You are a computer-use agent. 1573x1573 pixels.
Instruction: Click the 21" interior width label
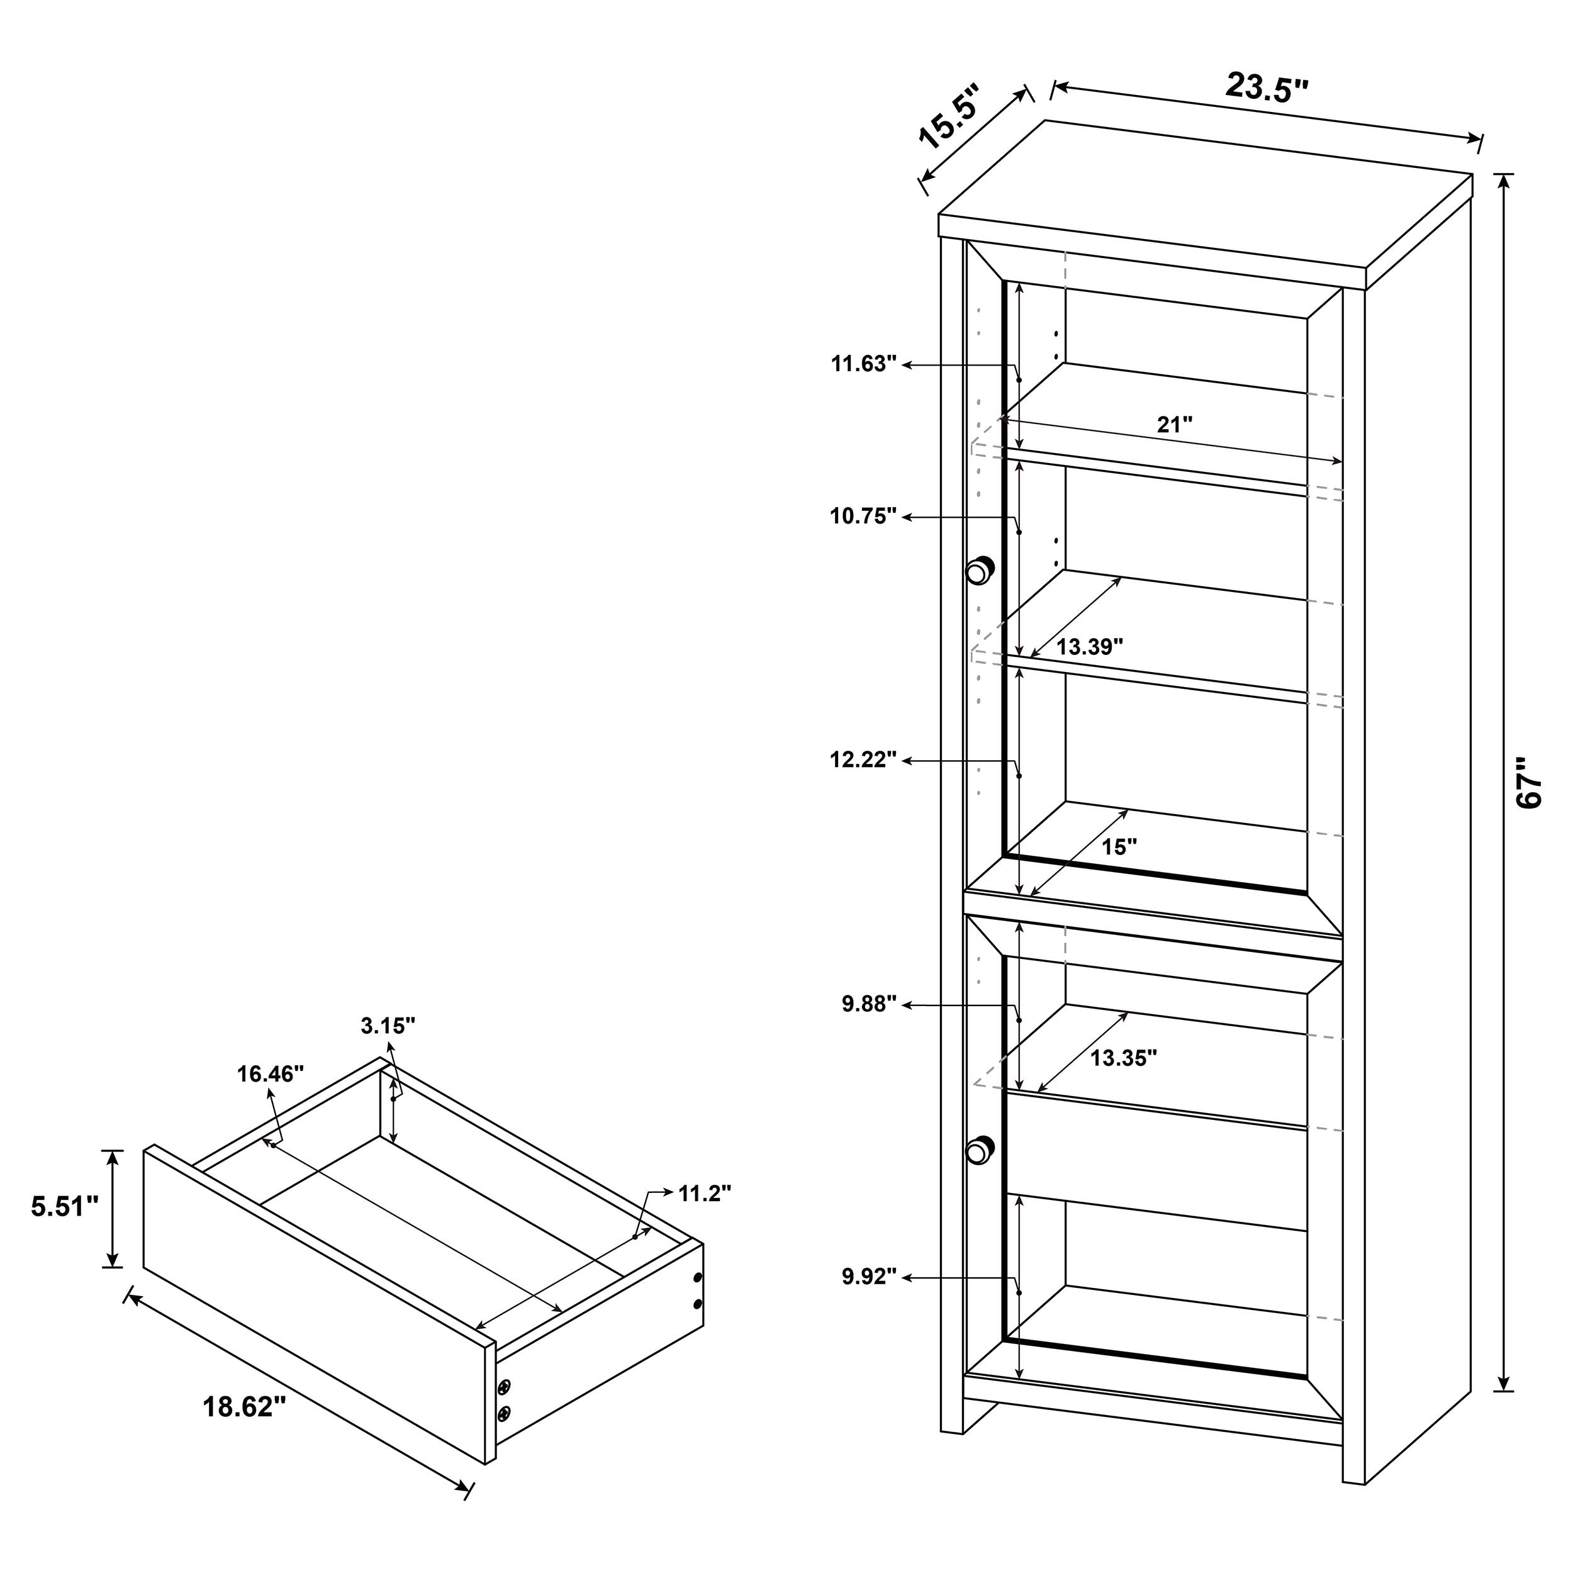pos(1175,424)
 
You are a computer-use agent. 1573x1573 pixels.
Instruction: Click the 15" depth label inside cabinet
pos(1119,847)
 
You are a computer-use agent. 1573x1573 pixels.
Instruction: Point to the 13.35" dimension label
pos(1124,1058)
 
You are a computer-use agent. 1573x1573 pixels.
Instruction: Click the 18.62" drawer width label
pos(244,1406)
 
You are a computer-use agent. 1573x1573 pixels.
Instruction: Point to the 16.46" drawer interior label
pos(271,1074)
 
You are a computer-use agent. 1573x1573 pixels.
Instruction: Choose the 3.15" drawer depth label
pos(388,1026)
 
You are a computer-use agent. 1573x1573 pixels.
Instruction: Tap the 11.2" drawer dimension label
pos(704,1193)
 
